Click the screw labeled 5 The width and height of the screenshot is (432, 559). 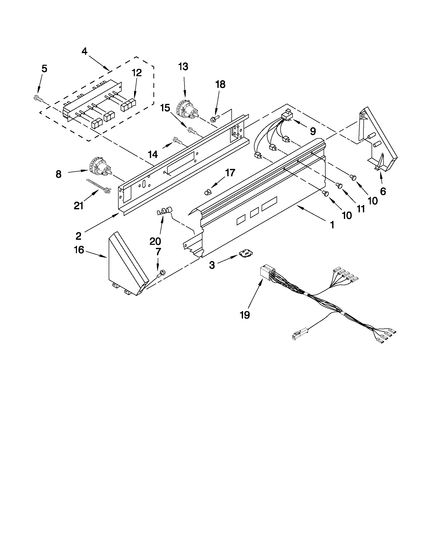pos(38,98)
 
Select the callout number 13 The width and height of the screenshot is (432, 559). pos(183,67)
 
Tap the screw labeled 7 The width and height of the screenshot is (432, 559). pos(160,275)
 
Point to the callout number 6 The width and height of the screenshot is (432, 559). pos(383,191)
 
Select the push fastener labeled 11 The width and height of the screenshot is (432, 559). pos(339,185)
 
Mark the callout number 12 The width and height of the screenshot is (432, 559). pos(137,73)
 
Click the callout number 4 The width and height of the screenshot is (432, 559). pos(85,51)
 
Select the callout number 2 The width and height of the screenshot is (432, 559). pos(78,236)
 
